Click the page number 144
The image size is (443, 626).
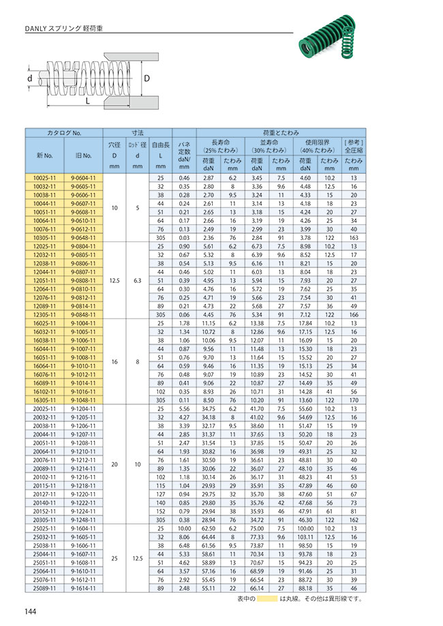click(x=31, y=610)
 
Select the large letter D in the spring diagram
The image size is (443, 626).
click(x=147, y=79)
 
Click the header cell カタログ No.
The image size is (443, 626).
click(x=63, y=133)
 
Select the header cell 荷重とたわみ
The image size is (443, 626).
click(x=281, y=133)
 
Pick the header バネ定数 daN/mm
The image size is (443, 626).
click(x=183, y=155)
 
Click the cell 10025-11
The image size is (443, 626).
click(x=45, y=178)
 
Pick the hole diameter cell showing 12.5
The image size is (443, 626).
click(x=114, y=280)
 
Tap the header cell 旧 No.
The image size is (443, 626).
click(x=82, y=155)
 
